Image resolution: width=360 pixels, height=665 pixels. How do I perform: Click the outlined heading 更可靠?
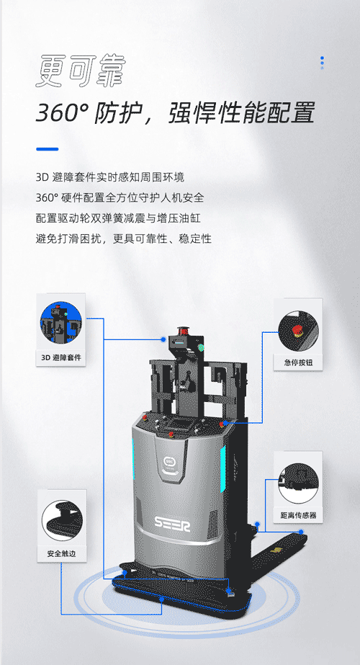pyautogui.click(x=81, y=71)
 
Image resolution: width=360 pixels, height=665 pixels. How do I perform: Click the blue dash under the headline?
pyautogui.click(x=47, y=149)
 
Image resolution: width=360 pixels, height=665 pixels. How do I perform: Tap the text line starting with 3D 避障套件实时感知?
pyautogui.click(x=110, y=177)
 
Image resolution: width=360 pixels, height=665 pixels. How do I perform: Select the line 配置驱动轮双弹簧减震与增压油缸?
pyautogui.click(x=118, y=218)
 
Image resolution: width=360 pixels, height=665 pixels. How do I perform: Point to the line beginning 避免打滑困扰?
pyautogui.click(x=123, y=238)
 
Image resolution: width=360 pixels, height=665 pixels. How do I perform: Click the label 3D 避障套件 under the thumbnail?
pyautogui.click(x=60, y=357)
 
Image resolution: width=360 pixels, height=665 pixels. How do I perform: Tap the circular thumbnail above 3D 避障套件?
pyautogui.click(x=60, y=322)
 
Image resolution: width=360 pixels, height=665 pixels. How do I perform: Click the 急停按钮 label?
pyautogui.click(x=297, y=362)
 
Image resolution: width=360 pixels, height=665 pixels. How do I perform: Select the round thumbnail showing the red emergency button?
pyautogui.click(x=297, y=331)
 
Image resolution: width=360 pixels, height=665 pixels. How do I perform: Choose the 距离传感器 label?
pyautogui.click(x=298, y=515)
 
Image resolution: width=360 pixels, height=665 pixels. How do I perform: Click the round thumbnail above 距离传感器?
pyautogui.click(x=298, y=483)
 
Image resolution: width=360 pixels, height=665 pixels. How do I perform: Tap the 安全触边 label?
pyautogui.click(x=61, y=553)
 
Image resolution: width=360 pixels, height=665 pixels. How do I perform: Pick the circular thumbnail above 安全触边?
pyautogui.click(x=61, y=520)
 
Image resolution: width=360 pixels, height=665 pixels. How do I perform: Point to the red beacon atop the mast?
pyautogui.click(x=184, y=330)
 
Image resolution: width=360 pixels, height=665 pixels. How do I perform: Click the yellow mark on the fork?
pyautogui.click(x=276, y=550)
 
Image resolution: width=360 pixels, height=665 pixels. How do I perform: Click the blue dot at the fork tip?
pyautogui.click(x=301, y=532)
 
